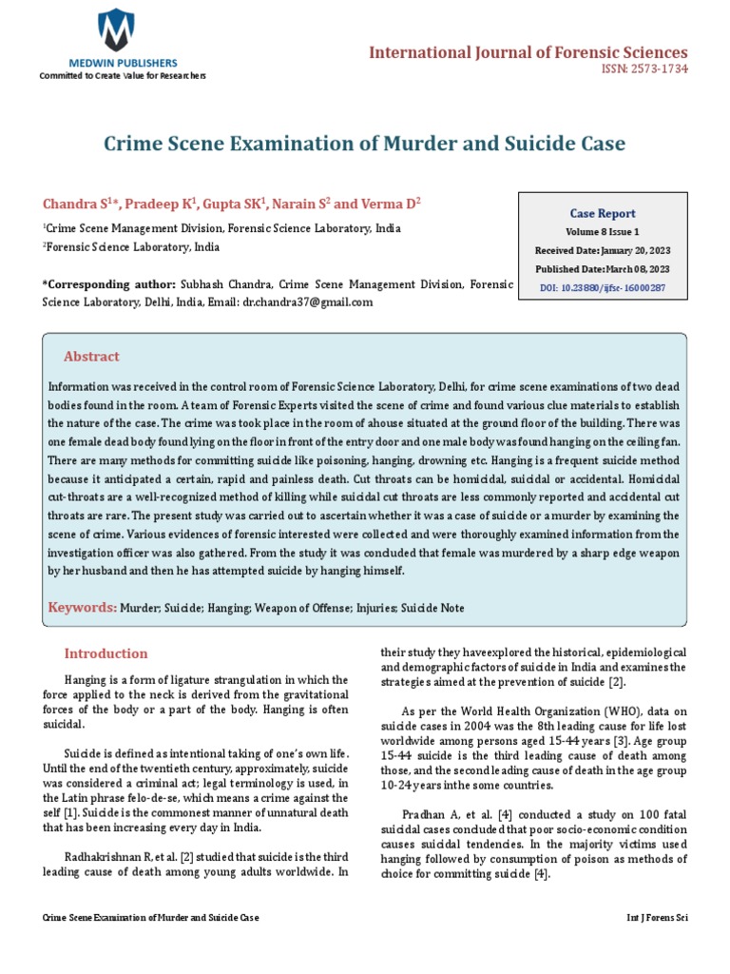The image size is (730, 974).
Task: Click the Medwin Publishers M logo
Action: click(x=116, y=30)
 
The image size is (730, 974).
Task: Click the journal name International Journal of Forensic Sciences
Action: click(x=528, y=51)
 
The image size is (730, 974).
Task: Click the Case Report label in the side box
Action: click(x=603, y=213)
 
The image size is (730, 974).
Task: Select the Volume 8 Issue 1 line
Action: click(x=603, y=231)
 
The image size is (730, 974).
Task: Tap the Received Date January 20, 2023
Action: click(x=603, y=249)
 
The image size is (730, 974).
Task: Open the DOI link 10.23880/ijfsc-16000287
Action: click(x=603, y=286)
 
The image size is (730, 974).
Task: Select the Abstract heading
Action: click(x=91, y=357)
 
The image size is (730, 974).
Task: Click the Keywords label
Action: click(x=82, y=607)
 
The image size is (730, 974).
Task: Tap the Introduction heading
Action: click(x=106, y=653)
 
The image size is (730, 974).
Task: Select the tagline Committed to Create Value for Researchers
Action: click(x=122, y=76)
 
